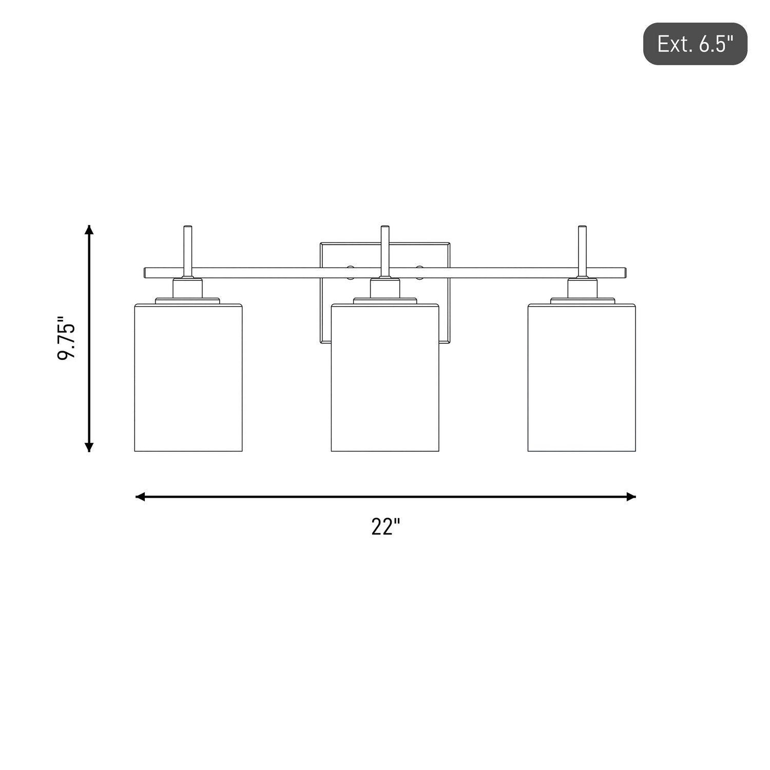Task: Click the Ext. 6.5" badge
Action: point(695,44)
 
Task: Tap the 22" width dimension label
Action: point(386,527)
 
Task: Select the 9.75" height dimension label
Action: point(67,338)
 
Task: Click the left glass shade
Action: point(188,378)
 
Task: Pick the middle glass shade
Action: point(385,378)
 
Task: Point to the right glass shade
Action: point(582,378)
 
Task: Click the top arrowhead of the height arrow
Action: point(89,229)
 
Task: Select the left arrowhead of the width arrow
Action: point(140,496)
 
